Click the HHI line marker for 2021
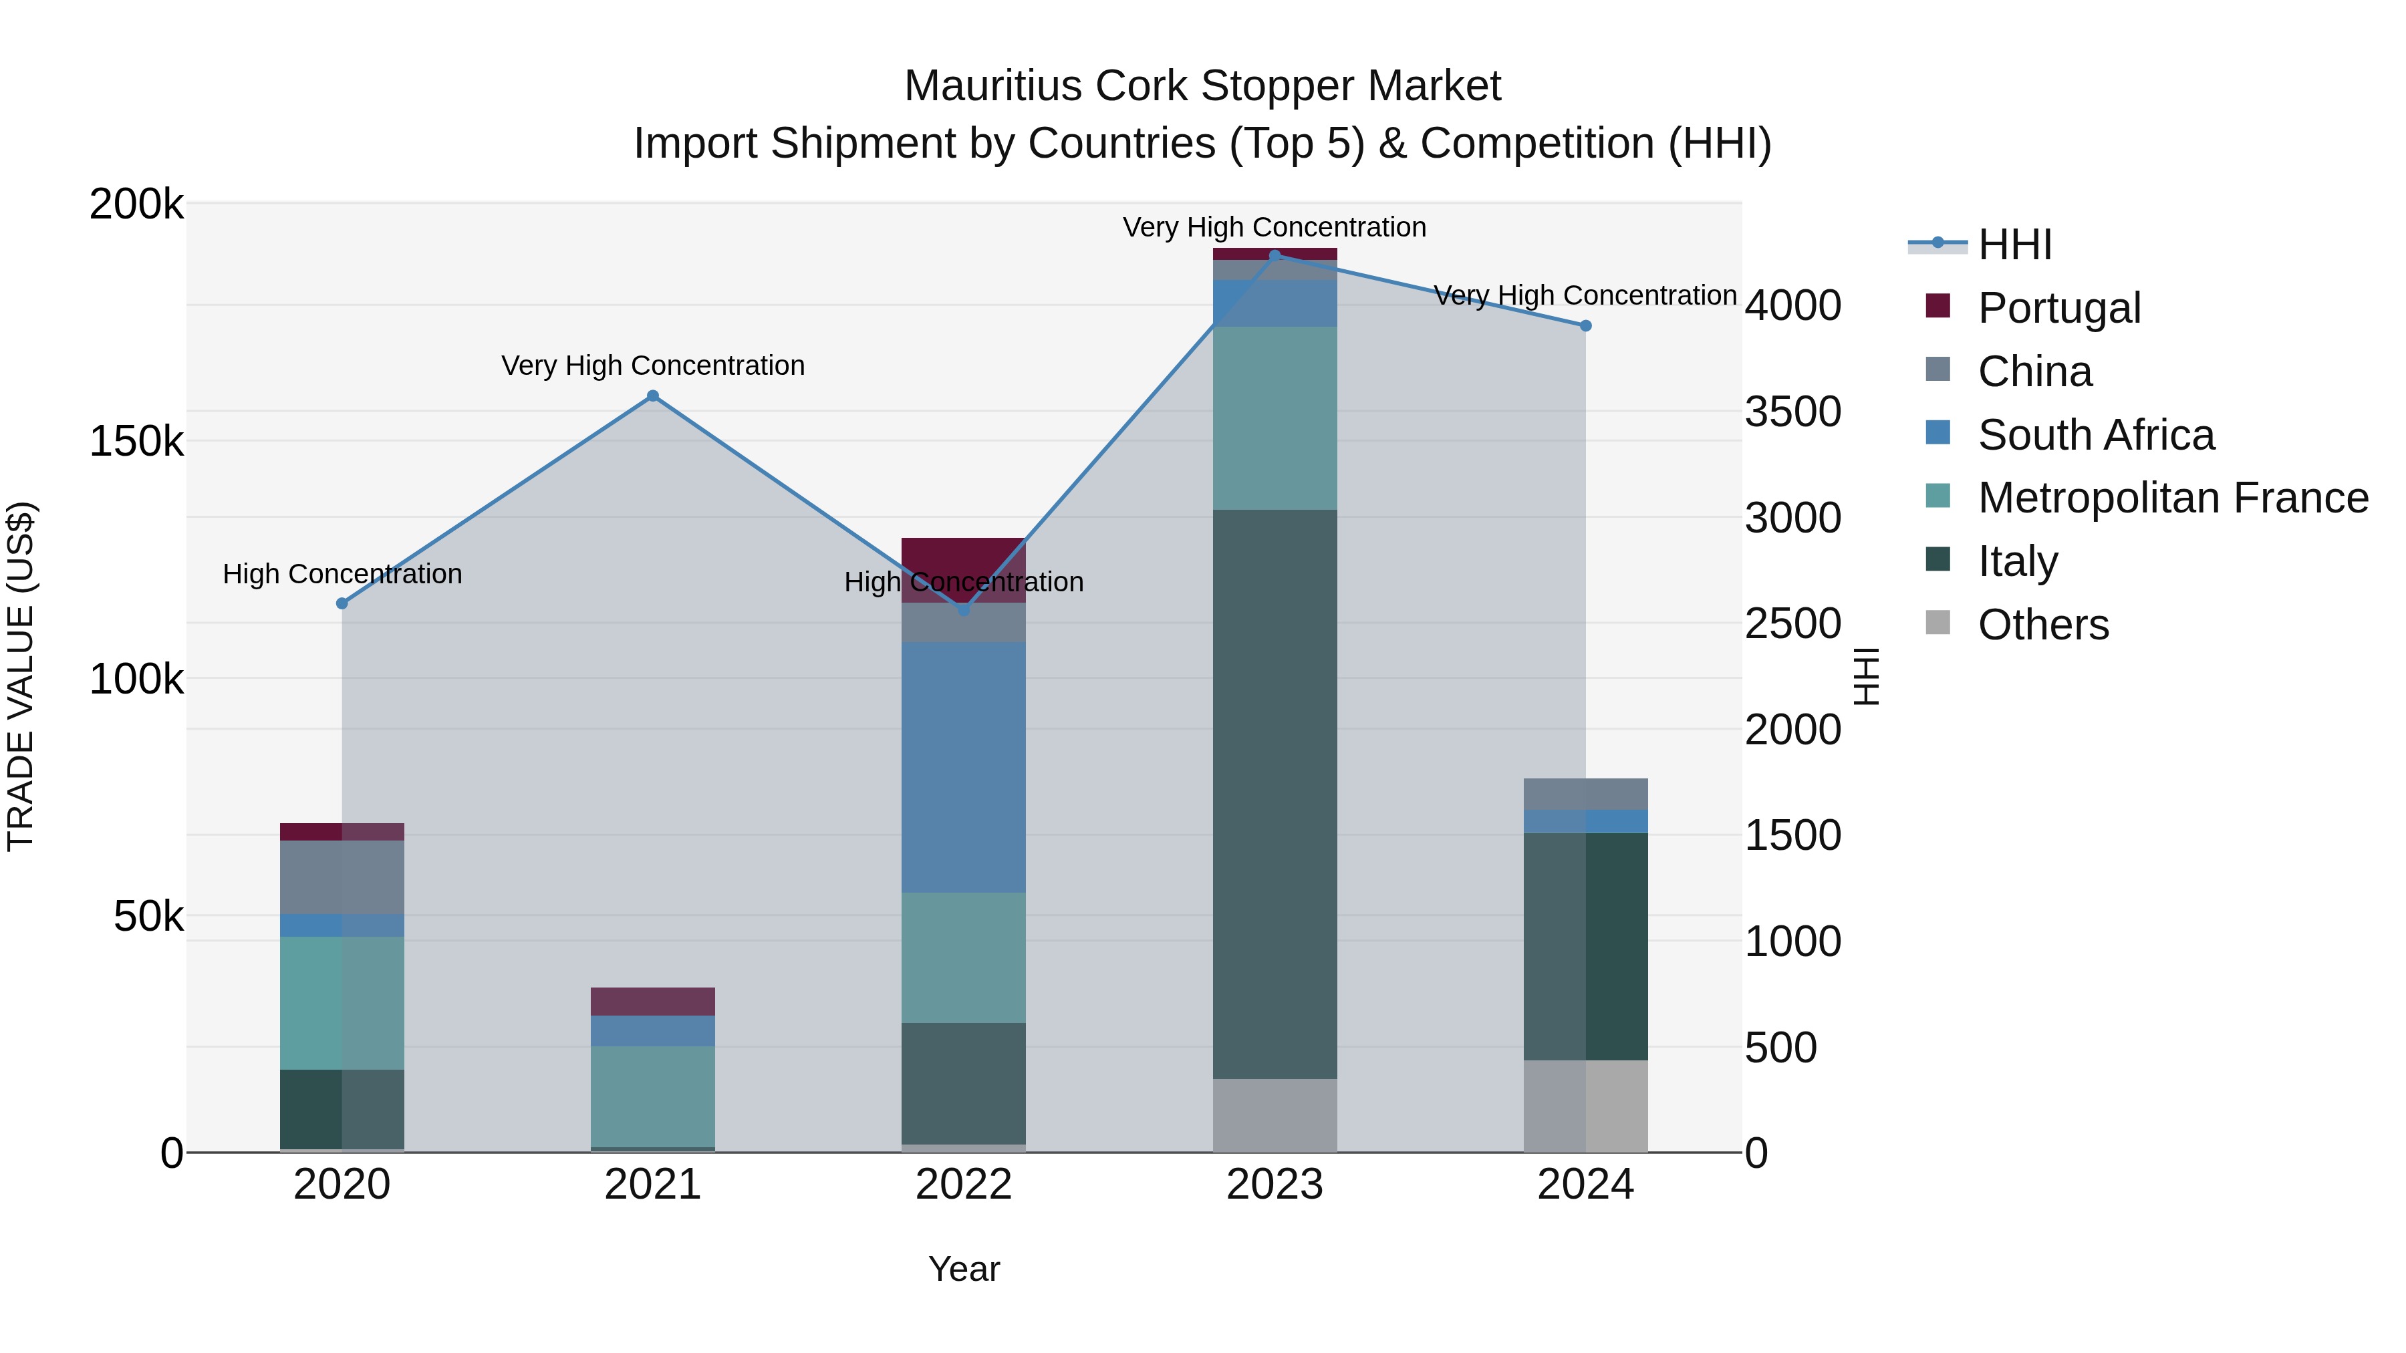[653, 396]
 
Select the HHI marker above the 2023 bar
[1275, 256]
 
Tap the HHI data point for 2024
[1585, 326]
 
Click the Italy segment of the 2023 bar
[1275, 794]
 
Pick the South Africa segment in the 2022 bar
[963, 768]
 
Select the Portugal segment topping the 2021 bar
[653, 1001]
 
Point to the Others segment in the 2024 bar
[1585, 1106]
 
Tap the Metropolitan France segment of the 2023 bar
[1275, 418]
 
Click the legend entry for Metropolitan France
[2173, 498]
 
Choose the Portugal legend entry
[2058, 308]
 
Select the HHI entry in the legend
[2014, 245]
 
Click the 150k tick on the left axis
[136, 441]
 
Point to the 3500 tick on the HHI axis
[1792, 412]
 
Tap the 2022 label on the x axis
[963, 1185]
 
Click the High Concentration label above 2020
[342, 573]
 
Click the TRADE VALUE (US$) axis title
[21, 676]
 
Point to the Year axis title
[963, 1269]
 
